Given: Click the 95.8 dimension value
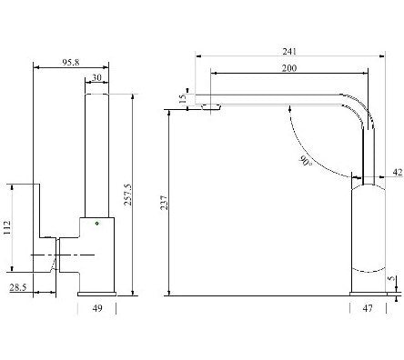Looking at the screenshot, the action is (71, 63).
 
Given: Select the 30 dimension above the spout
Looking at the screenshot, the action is (96, 77).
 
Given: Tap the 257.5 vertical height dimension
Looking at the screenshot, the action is (128, 195).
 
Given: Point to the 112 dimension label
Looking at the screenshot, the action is (6, 227).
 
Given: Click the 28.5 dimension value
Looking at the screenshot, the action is (18, 287).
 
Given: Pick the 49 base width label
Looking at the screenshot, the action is (97, 308).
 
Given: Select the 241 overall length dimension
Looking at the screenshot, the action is (289, 52).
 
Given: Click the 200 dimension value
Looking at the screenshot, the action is (289, 68).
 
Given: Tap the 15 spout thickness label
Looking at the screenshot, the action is (182, 99).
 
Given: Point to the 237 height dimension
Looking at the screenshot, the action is (164, 203).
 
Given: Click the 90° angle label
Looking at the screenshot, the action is (306, 161).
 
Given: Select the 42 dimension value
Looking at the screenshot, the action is (398, 173).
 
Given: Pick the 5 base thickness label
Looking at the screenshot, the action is (391, 278).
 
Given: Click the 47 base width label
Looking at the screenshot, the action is (368, 308).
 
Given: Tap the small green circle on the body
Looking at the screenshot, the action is (96, 224).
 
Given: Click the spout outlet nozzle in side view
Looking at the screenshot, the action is (210, 106).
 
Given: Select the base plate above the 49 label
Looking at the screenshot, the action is (97, 294).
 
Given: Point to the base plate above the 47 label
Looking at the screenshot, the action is (369, 294).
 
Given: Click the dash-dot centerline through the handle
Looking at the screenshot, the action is (63, 255).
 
